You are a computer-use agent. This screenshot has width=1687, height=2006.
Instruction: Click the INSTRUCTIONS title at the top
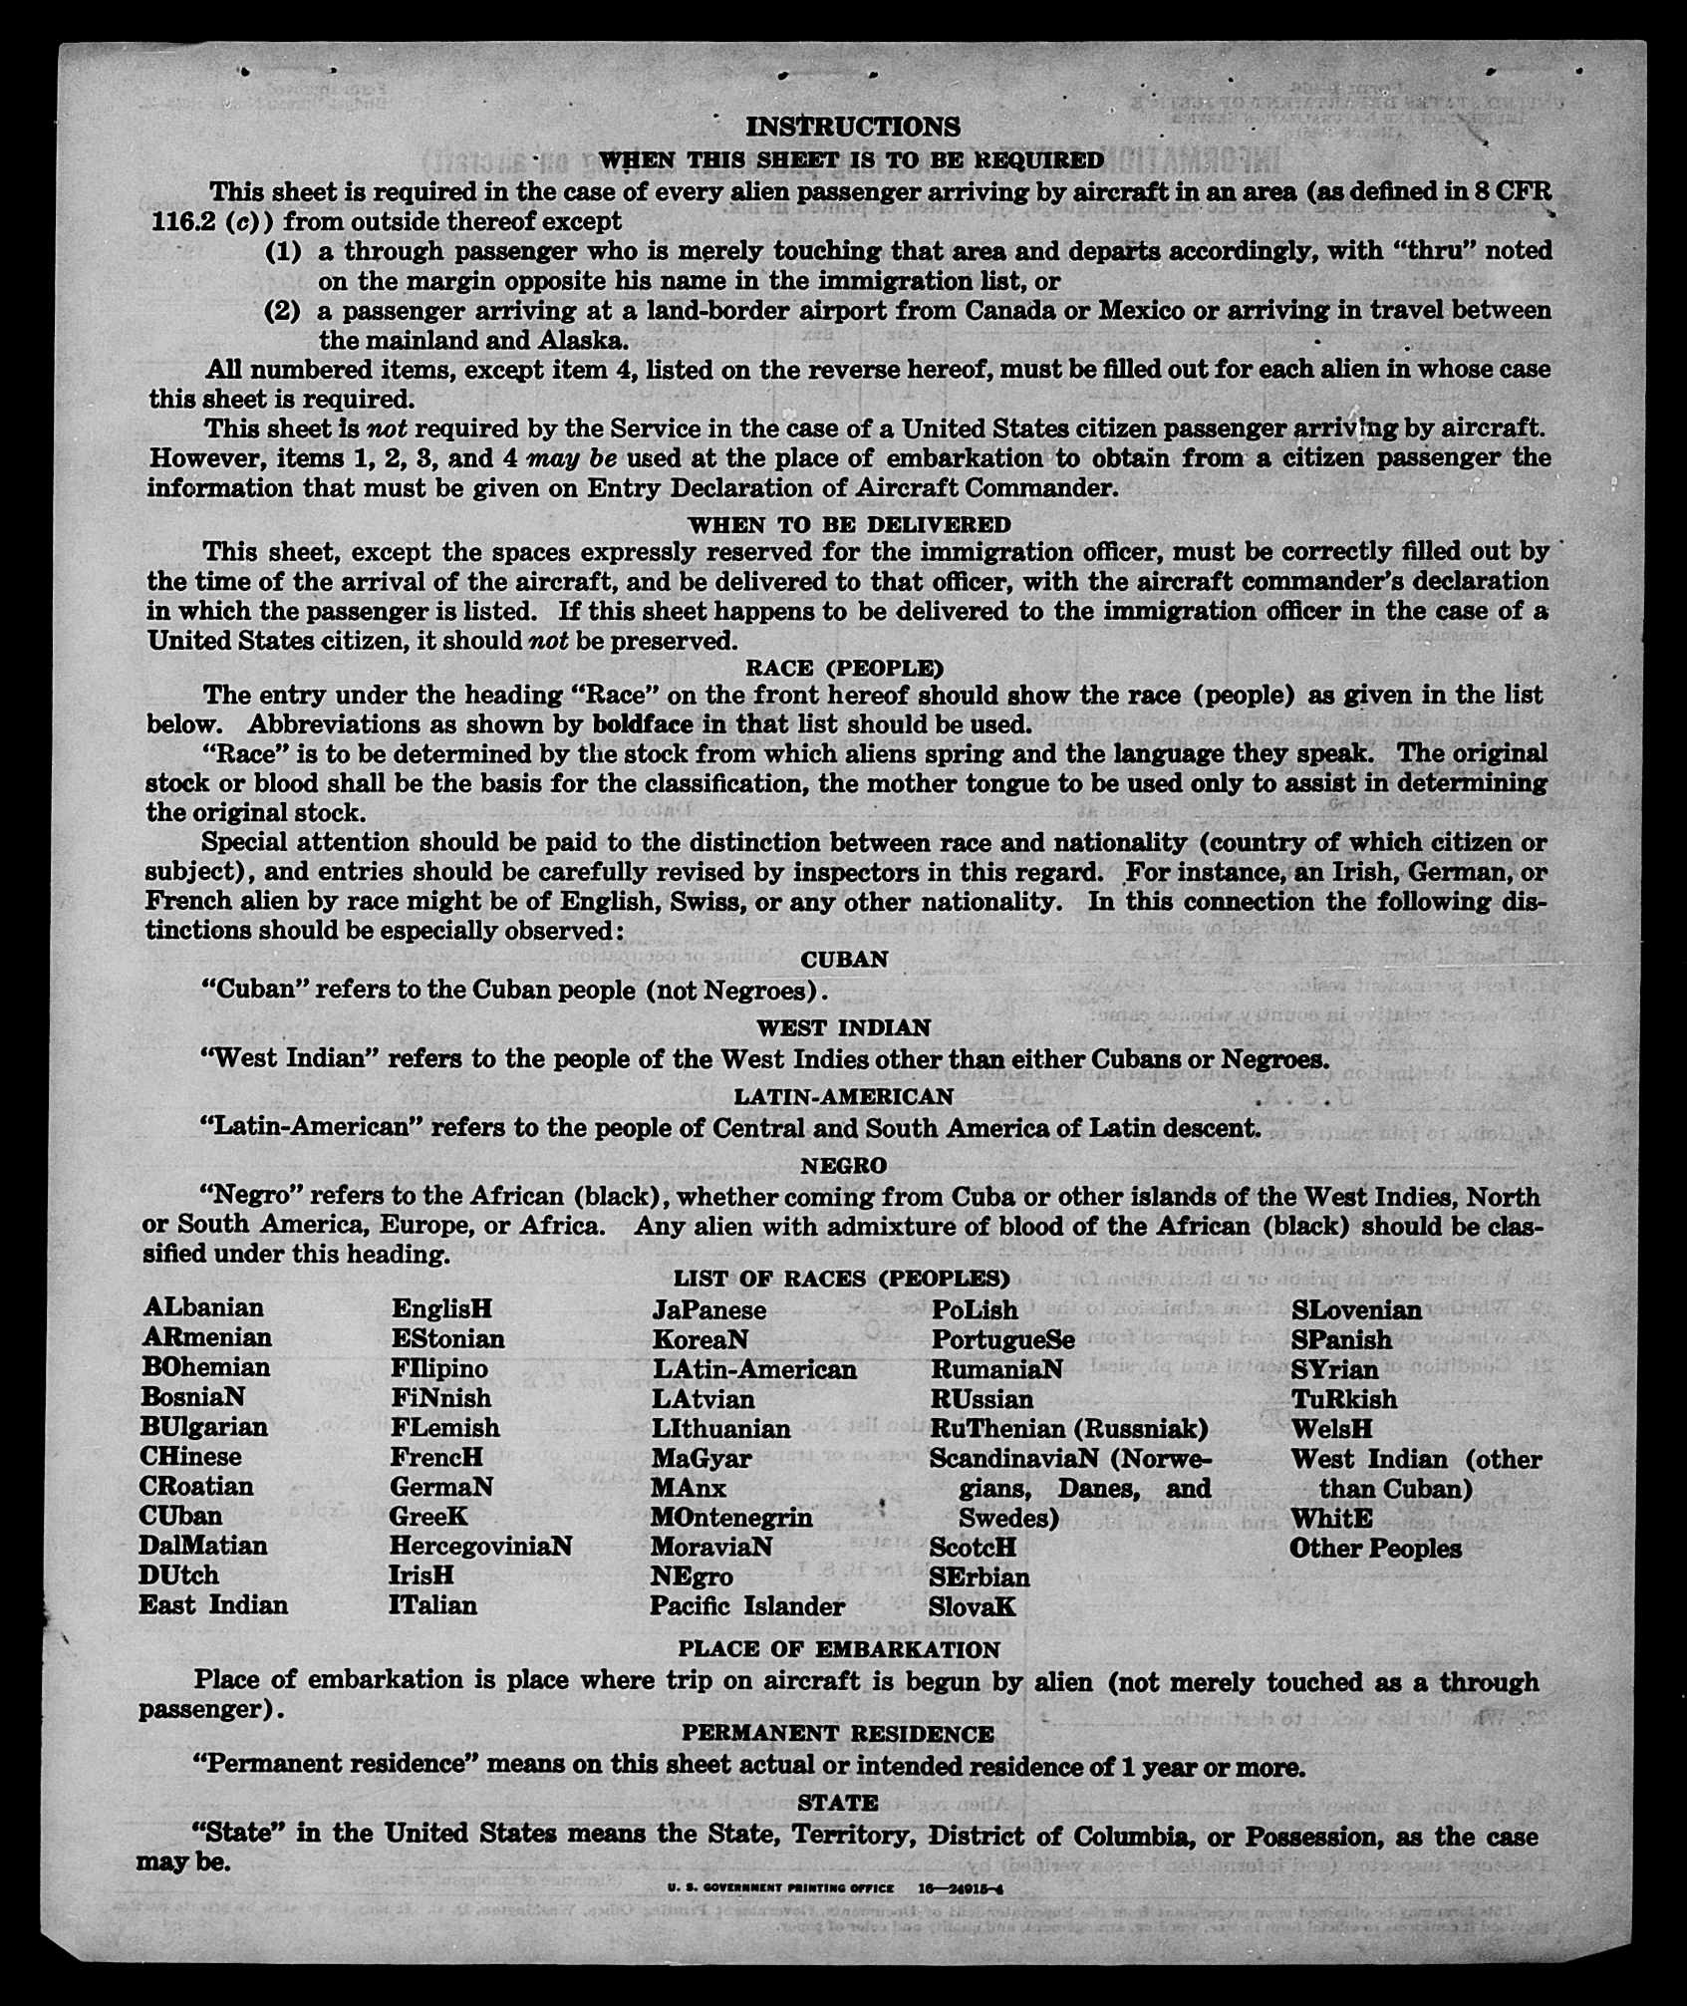(x=853, y=127)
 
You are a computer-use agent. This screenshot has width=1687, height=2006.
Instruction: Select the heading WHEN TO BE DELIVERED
(x=849, y=524)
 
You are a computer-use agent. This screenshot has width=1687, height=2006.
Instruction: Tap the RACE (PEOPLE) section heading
(x=844, y=667)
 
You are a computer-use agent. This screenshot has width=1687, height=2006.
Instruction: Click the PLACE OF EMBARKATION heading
(x=839, y=1648)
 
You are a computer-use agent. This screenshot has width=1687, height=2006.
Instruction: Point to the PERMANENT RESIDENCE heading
(x=838, y=1734)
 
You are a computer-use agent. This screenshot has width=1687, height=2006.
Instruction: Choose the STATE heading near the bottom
(x=838, y=1802)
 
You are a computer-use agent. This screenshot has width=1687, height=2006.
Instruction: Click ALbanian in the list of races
(x=203, y=1307)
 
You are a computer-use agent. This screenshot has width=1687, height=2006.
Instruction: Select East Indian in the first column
(x=213, y=1604)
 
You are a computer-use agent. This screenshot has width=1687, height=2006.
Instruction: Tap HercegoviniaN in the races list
(x=481, y=1546)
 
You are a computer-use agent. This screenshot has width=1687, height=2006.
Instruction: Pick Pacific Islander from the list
(x=747, y=1605)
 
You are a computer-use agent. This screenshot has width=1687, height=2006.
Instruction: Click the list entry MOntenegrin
(x=731, y=1517)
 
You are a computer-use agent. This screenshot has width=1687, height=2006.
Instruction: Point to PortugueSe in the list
(x=1003, y=1339)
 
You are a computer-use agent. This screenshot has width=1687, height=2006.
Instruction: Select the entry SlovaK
(x=973, y=1606)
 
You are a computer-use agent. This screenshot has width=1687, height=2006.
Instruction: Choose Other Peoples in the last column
(x=1375, y=1548)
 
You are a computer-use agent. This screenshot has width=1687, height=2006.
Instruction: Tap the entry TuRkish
(x=1344, y=1399)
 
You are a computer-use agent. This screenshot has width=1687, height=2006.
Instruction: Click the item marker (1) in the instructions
(x=283, y=251)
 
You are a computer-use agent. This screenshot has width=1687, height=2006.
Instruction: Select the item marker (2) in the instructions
(x=283, y=311)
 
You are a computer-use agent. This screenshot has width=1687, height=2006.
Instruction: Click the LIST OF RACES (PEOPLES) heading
(x=842, y=1279)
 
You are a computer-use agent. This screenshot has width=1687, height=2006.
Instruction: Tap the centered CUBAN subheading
(x=844, y=960)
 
